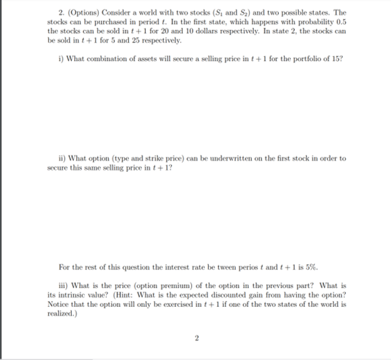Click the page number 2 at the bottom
196,338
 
